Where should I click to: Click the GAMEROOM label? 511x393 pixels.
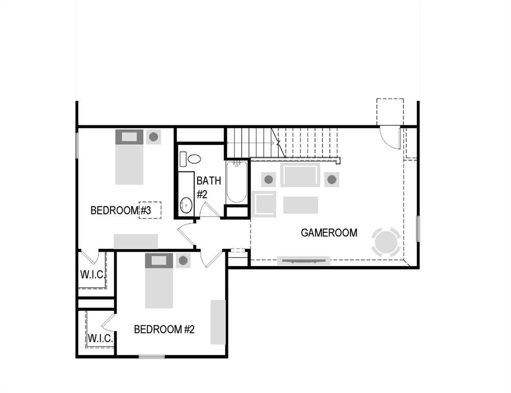point(329,233)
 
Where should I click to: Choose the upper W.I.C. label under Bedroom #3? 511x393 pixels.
point(92,274)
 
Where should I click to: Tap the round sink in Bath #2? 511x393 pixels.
point(187,206)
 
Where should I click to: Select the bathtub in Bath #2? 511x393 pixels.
point(237,182)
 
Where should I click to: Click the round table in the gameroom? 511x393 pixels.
point(386,242)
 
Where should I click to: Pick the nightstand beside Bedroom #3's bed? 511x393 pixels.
point(153,137)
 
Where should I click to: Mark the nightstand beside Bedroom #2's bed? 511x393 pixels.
point(183,261)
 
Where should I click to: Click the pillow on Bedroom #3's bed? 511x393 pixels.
point(129,137)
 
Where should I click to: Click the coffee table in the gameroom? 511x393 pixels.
point(300,205)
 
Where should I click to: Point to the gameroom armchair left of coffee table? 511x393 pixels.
point(264,204)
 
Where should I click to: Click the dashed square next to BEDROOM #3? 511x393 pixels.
point(150,210)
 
